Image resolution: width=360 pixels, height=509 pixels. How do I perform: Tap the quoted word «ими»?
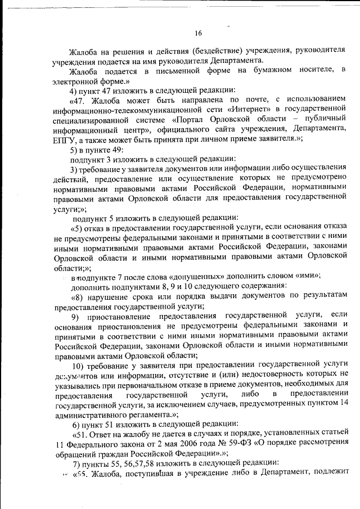(x=307, y=276)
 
